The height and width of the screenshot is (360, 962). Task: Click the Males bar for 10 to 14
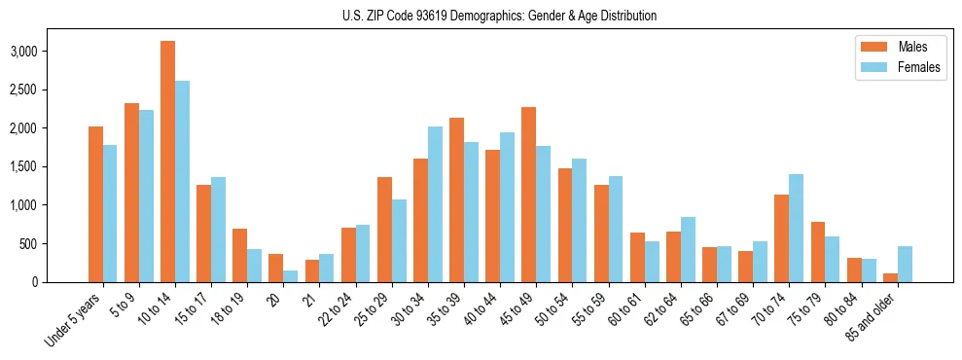168,162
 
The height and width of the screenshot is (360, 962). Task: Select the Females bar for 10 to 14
182,182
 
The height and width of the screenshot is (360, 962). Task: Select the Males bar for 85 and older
890,278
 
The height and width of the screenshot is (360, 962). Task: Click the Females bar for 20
290,276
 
